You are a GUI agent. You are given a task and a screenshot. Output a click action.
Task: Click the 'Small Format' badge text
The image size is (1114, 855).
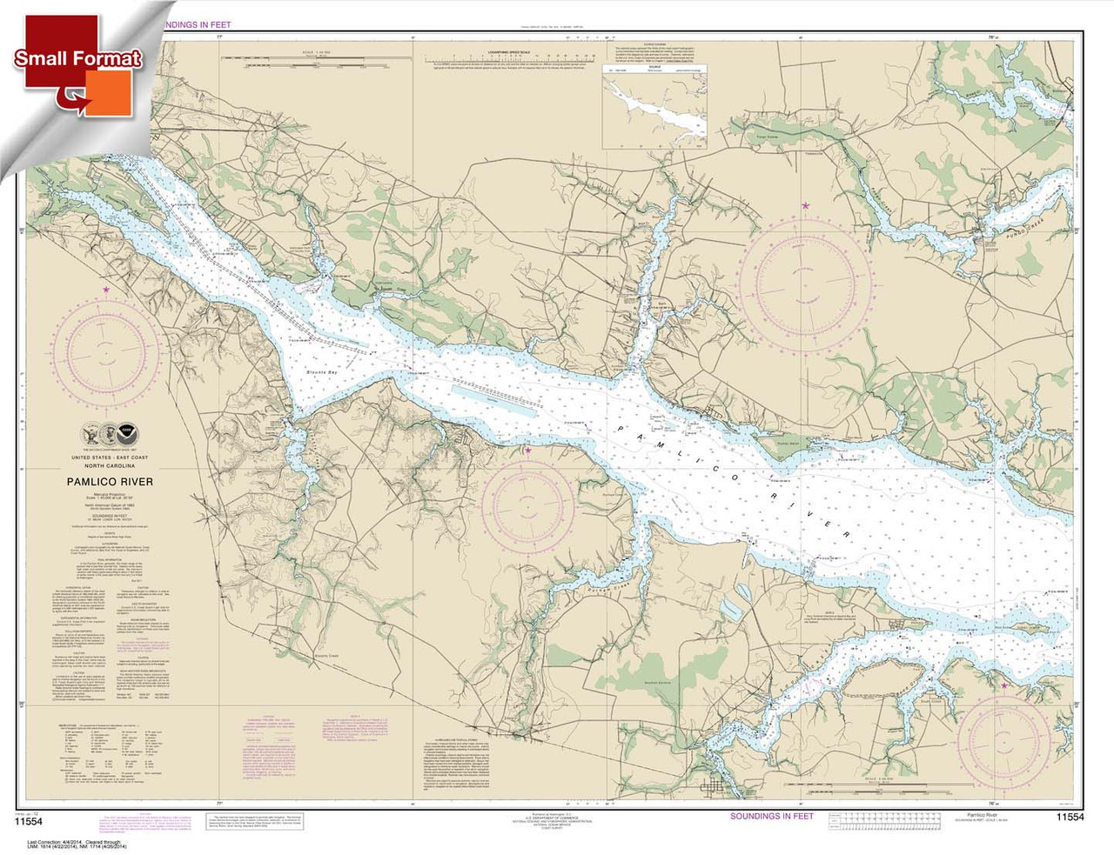[77, 59]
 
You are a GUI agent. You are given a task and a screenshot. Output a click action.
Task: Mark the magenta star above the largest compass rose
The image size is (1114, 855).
[805, 206]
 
